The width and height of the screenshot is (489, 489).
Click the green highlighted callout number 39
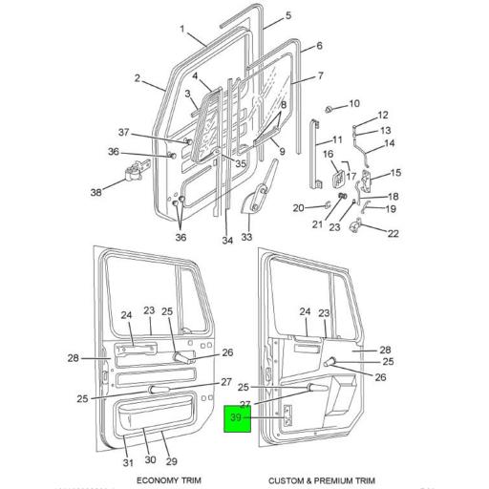point(237,416)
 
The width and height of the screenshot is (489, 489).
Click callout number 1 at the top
point(181,29)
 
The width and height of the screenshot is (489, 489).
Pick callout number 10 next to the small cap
point(354,103)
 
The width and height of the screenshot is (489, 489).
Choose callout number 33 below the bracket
point(246,238)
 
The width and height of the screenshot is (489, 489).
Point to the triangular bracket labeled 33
point(254,203)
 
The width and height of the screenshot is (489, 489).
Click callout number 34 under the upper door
point(227,241)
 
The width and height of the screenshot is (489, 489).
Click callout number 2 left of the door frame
point(138,78)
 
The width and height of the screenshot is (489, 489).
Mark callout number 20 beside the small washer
point(297,208)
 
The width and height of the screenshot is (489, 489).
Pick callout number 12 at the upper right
point(384,115)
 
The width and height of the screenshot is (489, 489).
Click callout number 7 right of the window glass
point(321,76)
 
